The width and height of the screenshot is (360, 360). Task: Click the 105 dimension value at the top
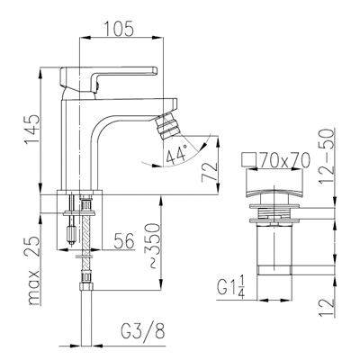coord(119,29)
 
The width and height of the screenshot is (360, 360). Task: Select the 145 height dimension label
coord(32,129)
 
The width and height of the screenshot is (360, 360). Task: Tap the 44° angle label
coord(176,155)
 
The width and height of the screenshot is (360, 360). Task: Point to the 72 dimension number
coord(210,172)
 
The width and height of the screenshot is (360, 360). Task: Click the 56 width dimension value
coord(124,240)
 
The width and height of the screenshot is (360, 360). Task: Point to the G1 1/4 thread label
coord(231,288)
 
